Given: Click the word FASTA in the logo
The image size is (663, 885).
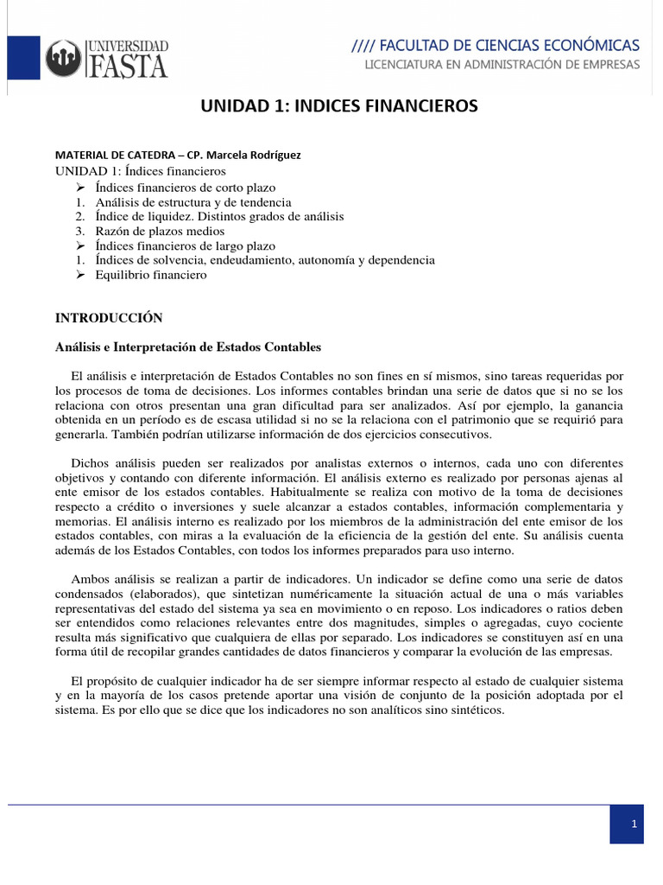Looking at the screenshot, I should pos(128,65).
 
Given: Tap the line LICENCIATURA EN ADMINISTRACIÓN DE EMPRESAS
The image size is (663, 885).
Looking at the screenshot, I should pos(502,65).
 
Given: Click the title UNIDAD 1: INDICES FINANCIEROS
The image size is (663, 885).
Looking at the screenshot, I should pos(339,106).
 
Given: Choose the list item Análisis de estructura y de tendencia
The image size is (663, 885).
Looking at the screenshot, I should pos(193,201).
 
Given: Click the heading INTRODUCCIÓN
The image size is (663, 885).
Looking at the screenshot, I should pos(109,318).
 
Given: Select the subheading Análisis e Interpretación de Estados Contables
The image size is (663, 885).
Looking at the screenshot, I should pos(188,347).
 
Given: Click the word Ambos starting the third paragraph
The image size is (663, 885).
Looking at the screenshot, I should pos(92,577).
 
